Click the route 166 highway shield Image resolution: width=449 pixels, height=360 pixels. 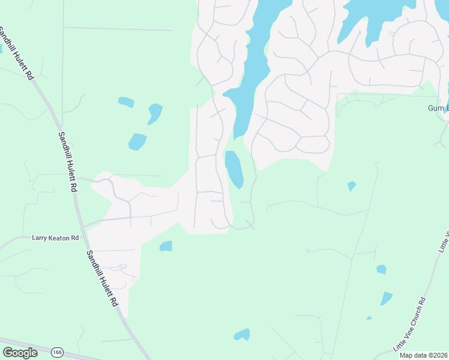[57, 352]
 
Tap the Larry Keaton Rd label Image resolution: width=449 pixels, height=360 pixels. [55, 238]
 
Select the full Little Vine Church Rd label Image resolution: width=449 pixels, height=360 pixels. [410, 324]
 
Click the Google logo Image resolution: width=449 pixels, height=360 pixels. [20, 353]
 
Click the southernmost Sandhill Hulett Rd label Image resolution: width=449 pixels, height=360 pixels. [100, 278]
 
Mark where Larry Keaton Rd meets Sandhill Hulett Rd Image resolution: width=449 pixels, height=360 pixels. [84, 228]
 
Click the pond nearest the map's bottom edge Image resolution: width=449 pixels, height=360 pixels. [242, 335]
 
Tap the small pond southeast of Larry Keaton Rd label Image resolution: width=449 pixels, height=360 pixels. [166, 246]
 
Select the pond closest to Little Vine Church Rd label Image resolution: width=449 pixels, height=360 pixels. [385, 298]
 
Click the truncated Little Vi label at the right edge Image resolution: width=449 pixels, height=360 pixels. [445, 240]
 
